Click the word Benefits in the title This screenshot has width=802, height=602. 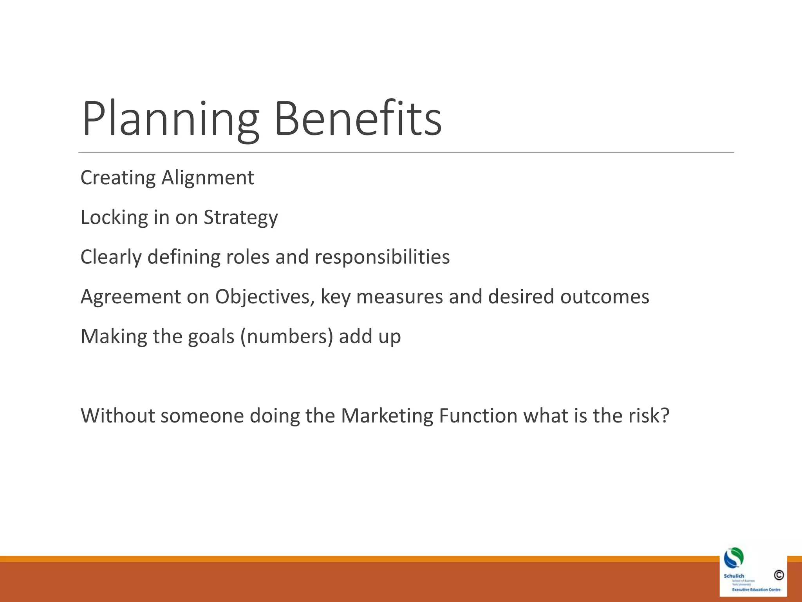point(358,118)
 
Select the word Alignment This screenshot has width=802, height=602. point(208,178)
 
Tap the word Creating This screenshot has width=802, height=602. point(118,178)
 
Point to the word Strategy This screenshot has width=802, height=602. point(240,218)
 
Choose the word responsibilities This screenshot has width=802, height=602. point(382,257)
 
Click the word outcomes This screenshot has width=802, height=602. point(605,297)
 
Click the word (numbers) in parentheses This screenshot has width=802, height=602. point(287,337)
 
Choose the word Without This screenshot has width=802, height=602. point(118,416)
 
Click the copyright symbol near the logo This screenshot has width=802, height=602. point(779,575)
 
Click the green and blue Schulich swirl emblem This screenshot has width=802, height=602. point(733,558)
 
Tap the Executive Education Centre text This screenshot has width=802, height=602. point(756,589)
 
